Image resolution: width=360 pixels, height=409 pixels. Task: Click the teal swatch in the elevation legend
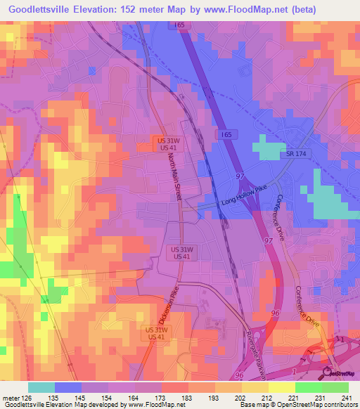point(41,387)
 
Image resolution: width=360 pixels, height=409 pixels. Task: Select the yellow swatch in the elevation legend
point(281,387)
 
